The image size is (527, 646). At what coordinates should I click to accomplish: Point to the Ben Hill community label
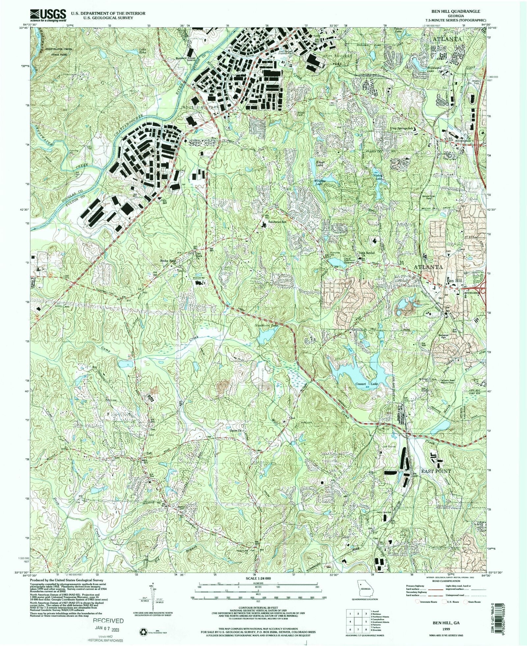(x=454, y=281)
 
